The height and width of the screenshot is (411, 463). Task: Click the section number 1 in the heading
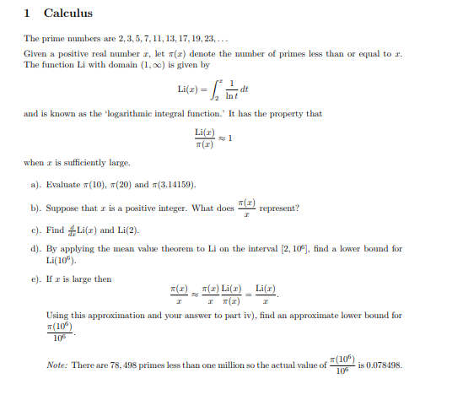[28, 14]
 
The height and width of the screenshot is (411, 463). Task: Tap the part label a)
[35, 183]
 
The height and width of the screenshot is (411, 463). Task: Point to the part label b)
[35, 208]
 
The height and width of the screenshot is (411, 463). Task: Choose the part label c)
[35, 230]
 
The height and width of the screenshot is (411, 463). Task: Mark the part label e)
[35, 278]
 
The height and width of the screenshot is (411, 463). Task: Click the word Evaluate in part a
[64, 183]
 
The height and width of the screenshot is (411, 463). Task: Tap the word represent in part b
[280, 208]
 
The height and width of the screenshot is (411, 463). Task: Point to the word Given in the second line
[35, 53]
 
